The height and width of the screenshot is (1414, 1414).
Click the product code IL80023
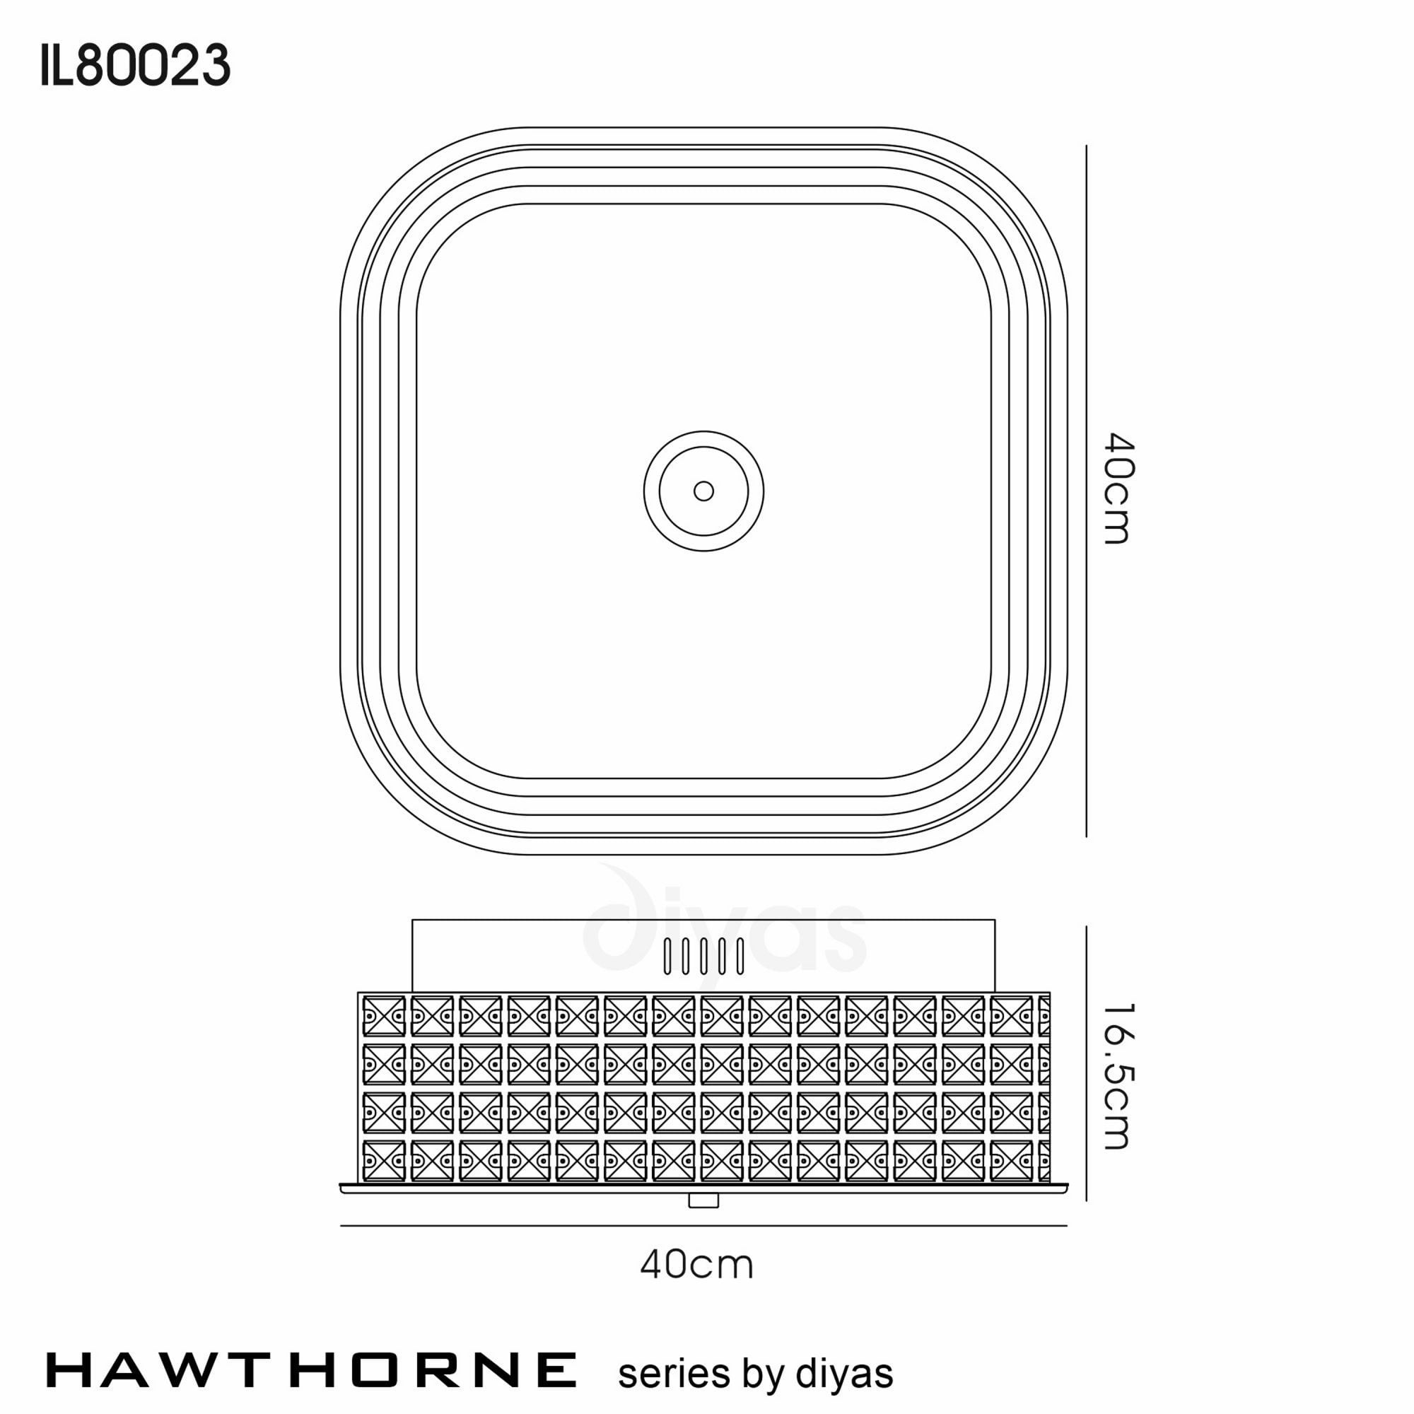point(136,66)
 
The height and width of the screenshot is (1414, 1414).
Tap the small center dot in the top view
point(703,491)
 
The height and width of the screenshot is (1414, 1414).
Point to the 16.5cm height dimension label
point(1118,1075)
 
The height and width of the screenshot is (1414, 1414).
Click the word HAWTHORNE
point(311,1370)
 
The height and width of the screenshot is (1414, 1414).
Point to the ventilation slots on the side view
point(703,956)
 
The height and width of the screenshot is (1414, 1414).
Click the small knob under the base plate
point(703,1200)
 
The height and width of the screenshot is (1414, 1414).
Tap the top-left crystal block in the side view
point(383,1017)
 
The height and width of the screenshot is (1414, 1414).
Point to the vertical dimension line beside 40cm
point(1086,491)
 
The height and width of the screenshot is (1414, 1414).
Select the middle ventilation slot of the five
point(703,956)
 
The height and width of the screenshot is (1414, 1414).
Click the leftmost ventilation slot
point(667,956)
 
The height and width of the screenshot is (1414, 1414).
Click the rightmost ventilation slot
point(740,956)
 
